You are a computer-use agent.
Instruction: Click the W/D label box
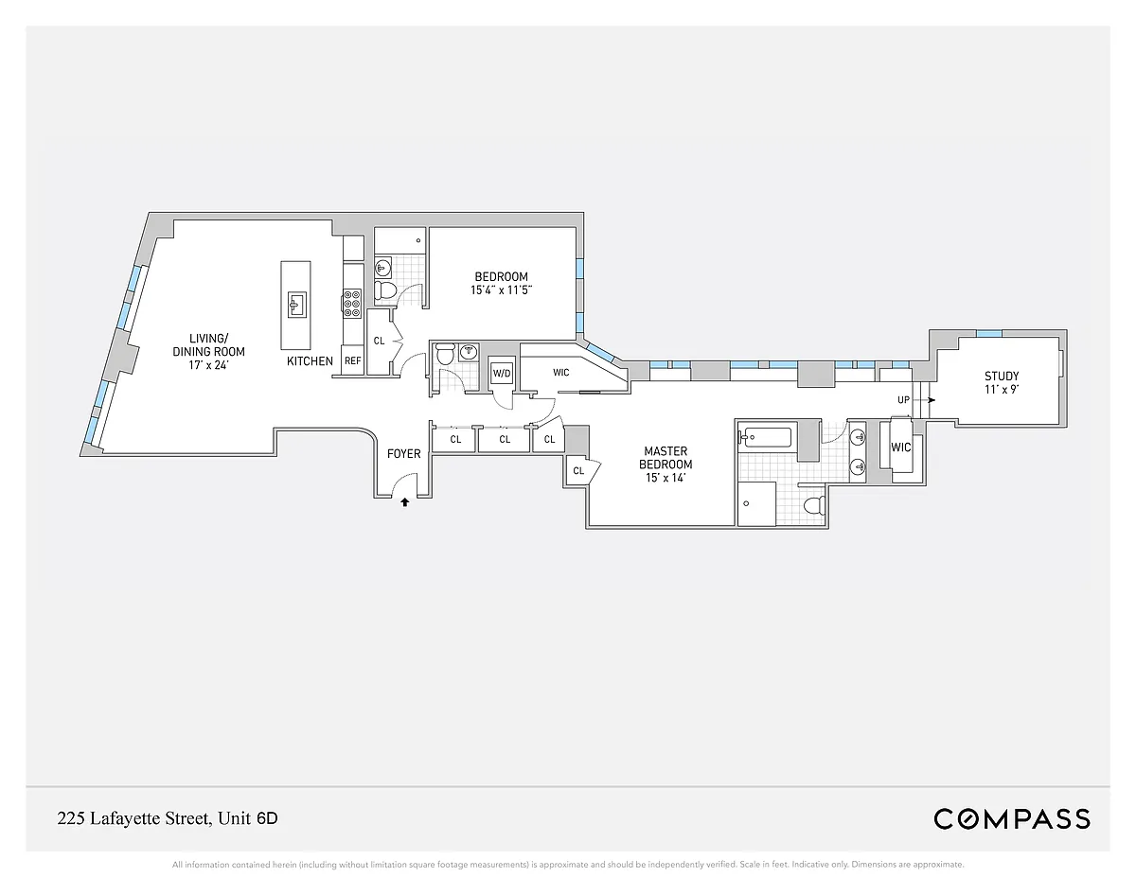502,374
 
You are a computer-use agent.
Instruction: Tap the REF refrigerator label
353,361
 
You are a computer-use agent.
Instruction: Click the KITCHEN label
310,361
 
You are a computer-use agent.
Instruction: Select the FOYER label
403,454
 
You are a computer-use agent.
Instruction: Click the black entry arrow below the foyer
404,502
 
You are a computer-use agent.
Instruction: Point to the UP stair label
903,400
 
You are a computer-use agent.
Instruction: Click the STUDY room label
1002,377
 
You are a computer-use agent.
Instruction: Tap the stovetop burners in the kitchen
352,303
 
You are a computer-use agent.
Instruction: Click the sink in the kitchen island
297,305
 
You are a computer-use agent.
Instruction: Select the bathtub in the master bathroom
767,437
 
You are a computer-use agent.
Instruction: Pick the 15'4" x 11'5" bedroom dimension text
501,290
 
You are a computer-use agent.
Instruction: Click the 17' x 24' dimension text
208,365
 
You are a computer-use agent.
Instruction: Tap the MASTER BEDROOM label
666,458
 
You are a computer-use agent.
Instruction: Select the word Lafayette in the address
126,818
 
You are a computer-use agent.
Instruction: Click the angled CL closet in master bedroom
581,470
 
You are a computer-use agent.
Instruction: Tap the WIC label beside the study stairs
900,447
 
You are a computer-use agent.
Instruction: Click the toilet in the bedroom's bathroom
386,290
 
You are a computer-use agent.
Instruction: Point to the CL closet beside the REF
379,342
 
